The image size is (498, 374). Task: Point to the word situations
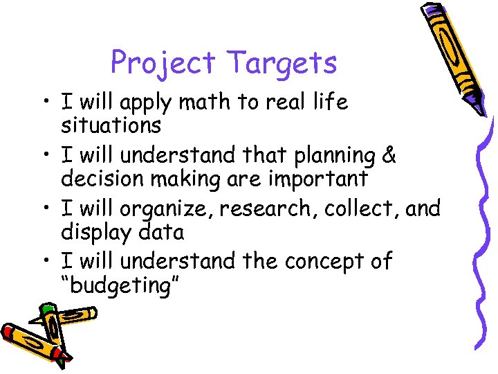[111, 125]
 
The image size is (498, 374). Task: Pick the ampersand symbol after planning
[389, 156]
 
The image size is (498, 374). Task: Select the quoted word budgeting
[120, 285]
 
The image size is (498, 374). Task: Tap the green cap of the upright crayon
[47, 311]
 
